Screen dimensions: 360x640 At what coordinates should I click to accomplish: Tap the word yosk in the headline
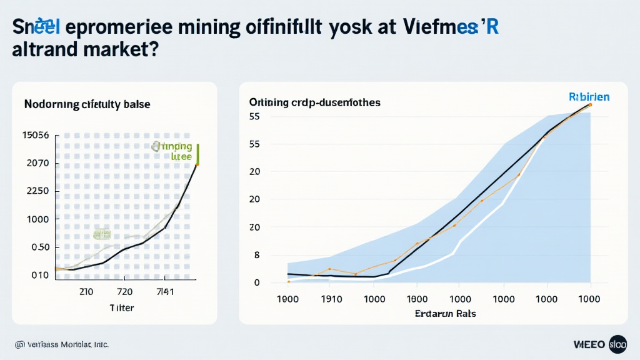(x=352, y=29)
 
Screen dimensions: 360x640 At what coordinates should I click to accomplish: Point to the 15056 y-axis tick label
(x=36, y=135)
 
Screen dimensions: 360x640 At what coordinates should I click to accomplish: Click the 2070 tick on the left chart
(x=37, y=163)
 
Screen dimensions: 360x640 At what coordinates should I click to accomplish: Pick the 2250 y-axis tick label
(x=37, y=191)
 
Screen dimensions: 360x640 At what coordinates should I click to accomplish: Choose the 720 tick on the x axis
(x=124, y=291)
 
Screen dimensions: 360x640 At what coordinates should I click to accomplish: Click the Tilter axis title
(x=121, y=307)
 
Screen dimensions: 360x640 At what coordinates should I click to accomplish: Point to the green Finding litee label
(x=173, y=151)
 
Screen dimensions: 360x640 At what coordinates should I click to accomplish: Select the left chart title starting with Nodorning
(x=87, y=104)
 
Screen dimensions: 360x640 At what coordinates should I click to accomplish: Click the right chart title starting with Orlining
(x=314, y=102)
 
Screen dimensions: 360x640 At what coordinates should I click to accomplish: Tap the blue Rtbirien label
(x=589, y=97)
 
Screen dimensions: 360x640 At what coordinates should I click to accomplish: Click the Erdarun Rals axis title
(x=445, y=313)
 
